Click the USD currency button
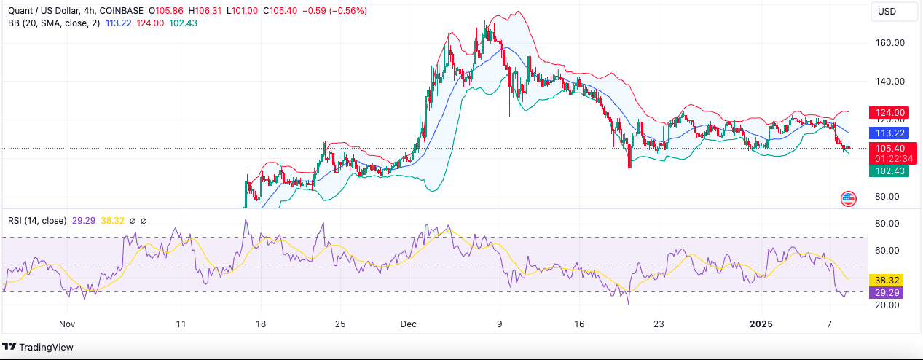(887, 11)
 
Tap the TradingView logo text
(46, 347)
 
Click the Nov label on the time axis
(67, 324)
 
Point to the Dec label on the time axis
(408, 324)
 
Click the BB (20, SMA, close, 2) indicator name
(53, 23)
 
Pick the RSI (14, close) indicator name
(37, 220)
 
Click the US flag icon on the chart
(848, 198)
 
